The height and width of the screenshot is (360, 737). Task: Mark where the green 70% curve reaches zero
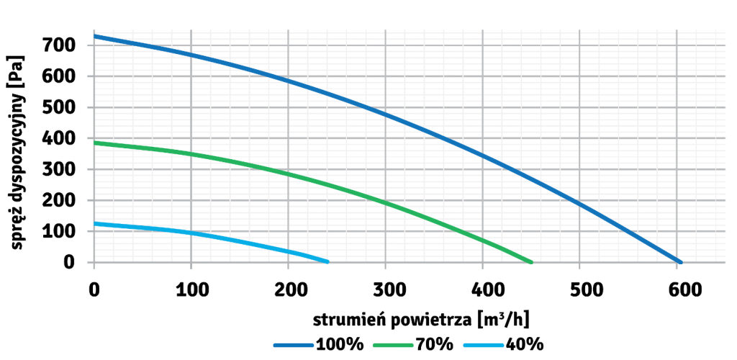(531, 262)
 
